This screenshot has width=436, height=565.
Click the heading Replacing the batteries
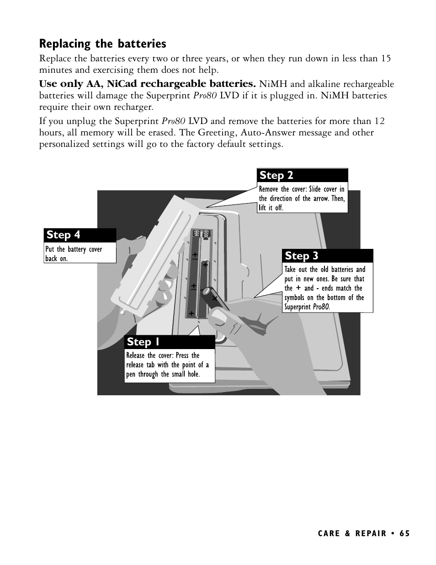(102, 44)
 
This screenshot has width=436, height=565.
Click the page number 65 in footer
(404, 534)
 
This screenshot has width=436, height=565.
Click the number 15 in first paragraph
(386, 59)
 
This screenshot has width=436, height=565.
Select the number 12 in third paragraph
(379, 121)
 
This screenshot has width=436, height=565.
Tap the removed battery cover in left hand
(146, 256)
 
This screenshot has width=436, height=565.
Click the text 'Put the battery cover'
(74, 249)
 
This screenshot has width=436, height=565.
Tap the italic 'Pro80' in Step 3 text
(321, 307)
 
